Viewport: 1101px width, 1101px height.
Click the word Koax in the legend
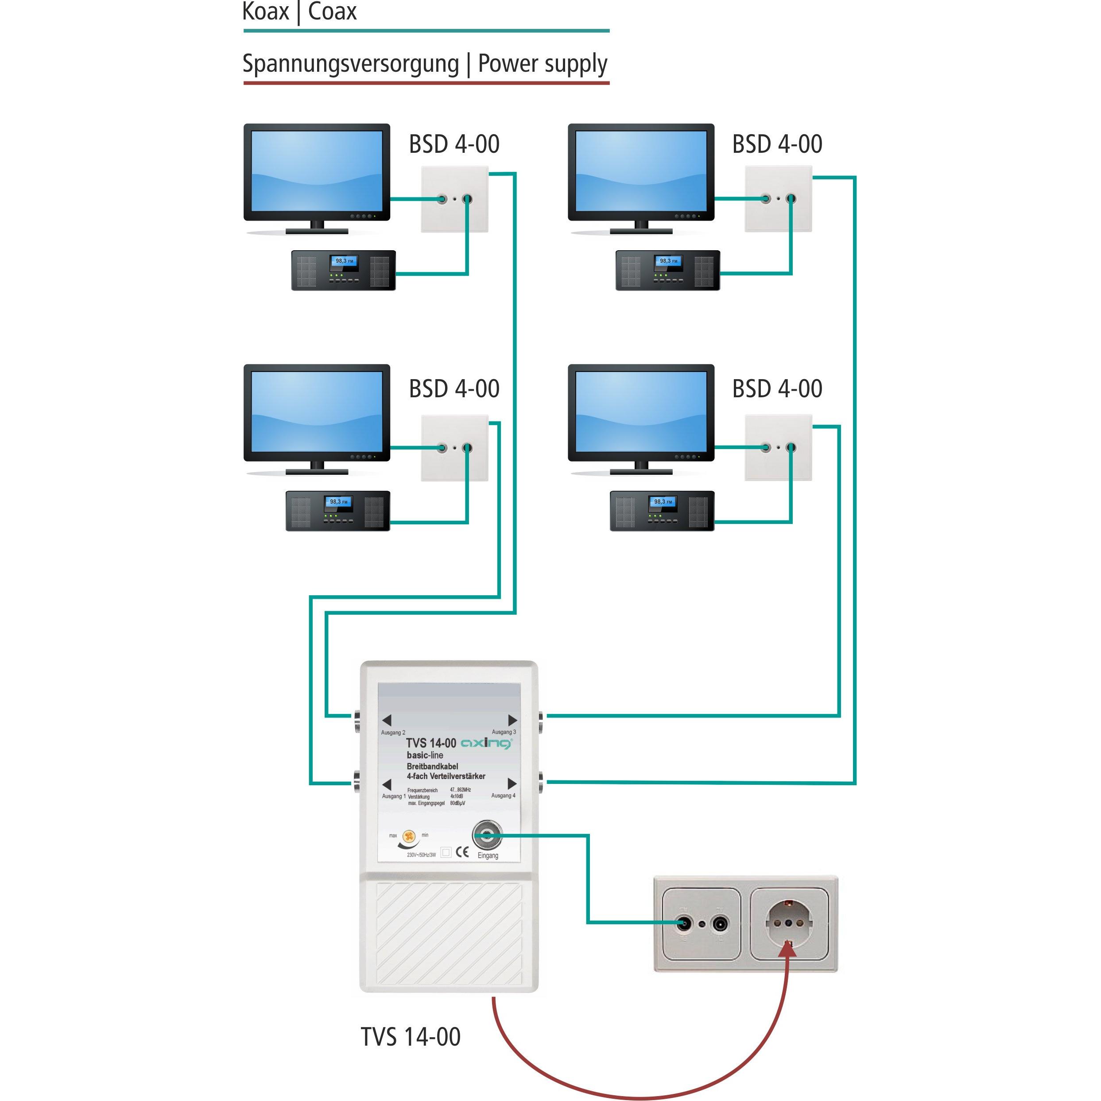click(x=266, y=12)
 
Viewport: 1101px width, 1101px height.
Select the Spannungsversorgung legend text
click(x=350, y=64)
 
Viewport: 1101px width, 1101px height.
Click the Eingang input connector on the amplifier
click(x=487, y=836)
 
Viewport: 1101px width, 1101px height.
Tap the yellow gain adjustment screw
click(x=409, y=836)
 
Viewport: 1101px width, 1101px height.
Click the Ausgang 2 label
click(x=393, y=732)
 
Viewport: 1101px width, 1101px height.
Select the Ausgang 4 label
click(x=503, y=795)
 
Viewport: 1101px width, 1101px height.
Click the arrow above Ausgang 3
click(x=512, y=720)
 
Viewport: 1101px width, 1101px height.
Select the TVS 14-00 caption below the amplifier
click(x=410, y=1037)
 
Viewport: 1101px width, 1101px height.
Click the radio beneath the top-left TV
click(x=343, y=270)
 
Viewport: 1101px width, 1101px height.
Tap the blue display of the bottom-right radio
click(x=663, y=502)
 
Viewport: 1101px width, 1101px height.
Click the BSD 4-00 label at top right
click(x=777, y=144)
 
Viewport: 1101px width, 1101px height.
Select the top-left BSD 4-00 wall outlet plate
click(x=454, y=199)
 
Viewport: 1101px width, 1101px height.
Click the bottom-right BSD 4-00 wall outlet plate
click(x=778, y=447)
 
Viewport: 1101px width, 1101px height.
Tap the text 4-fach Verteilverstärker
click(x=446, y=776)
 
